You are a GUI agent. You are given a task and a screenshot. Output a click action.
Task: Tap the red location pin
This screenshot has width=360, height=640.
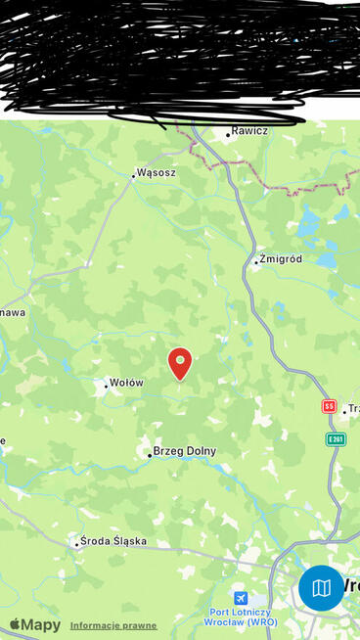(180, 362)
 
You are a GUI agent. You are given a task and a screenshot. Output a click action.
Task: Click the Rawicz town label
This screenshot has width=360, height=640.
(250, 130)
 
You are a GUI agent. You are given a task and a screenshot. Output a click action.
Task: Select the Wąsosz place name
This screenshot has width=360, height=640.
(157, 172)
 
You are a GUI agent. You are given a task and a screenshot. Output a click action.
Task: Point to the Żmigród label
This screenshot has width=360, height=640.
(282, 259)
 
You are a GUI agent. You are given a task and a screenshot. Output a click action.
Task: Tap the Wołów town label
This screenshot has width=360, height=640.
(127, 383)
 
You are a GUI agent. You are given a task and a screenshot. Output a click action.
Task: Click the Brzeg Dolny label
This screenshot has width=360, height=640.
(185, 451)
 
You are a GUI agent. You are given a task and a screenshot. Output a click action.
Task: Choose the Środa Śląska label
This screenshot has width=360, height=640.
(115, 540)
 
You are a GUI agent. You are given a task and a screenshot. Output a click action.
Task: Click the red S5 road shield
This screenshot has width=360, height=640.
(329, 405)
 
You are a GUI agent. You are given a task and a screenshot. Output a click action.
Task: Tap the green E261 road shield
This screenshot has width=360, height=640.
(336, 439)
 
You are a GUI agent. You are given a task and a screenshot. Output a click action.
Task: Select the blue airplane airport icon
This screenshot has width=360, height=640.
(241, 597)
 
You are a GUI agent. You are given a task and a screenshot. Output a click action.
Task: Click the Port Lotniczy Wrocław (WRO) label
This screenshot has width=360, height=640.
(242, 617)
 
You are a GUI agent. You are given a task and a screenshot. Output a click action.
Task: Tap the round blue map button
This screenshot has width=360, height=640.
(322, 588)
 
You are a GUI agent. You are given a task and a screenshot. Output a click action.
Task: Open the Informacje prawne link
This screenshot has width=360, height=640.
(113, 625)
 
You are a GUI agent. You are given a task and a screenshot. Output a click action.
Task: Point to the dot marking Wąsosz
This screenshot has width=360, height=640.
(133, 176)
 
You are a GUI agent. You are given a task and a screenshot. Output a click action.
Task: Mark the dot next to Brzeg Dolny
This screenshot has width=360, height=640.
(149, 455)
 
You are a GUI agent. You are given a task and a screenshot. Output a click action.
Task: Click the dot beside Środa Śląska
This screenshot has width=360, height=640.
(76, 544)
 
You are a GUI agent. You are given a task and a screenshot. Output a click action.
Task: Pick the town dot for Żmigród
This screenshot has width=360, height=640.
(256, 262)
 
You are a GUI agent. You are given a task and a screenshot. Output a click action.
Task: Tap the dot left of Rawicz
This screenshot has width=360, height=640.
(228, 134)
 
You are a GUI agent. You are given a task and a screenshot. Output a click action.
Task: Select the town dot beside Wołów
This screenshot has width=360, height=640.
(106, 386)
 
